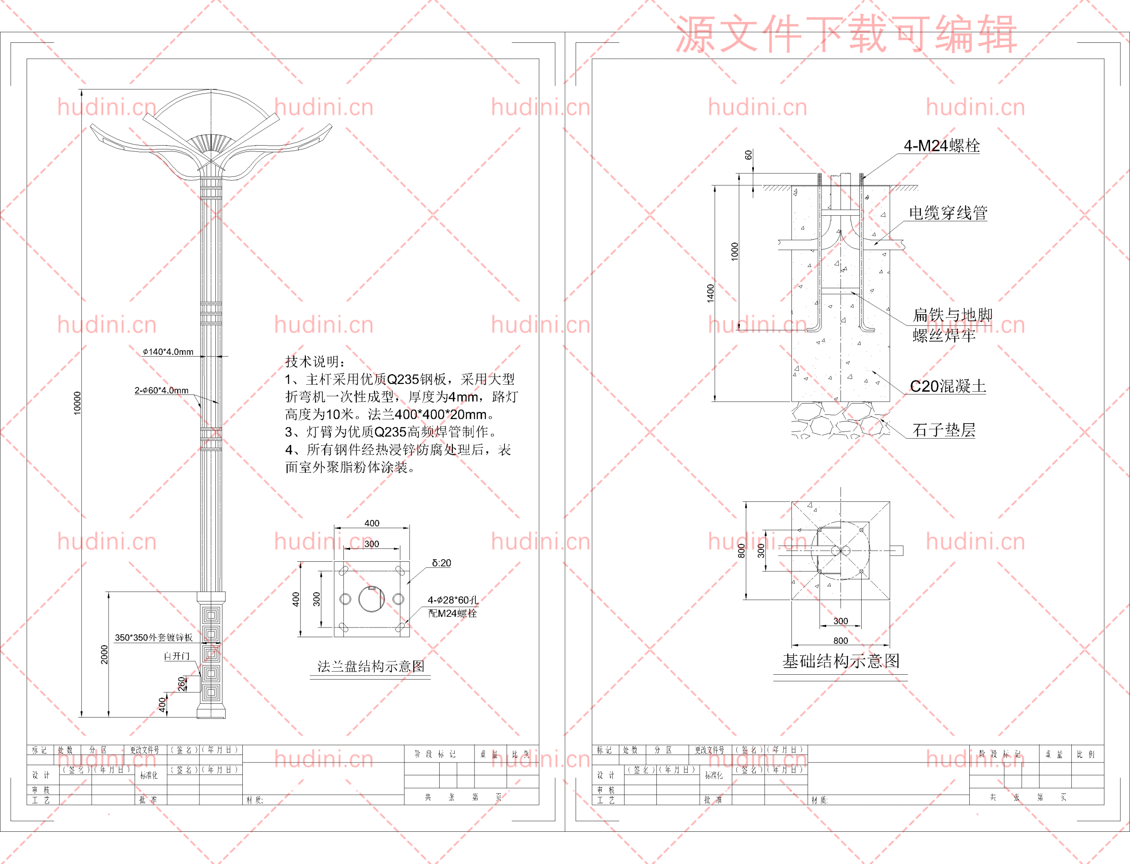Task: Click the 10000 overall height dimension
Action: click(77, 403)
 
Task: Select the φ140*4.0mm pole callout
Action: click(168, 352)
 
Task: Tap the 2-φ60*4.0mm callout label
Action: click(162, 391)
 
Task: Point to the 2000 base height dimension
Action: click(105, 654)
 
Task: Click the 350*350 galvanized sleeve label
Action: click(153, 638)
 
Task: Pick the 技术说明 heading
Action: click(315, 361)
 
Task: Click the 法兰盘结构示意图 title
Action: click(371, 666)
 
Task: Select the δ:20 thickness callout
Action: click(441, 563)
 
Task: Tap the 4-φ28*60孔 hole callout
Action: click(452, 600)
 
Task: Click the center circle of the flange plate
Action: click(371, 599)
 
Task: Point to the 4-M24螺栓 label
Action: click(941, 146)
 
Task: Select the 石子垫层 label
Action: click(943, 430)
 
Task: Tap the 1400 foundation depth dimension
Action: click(710, 293)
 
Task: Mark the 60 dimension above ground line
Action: click(748, 154)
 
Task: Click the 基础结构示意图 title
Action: click(840, 661)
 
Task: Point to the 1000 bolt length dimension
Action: click(734, 252)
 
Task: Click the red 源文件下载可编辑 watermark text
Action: click(846, 34)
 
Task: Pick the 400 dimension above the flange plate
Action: click(372, 523)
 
